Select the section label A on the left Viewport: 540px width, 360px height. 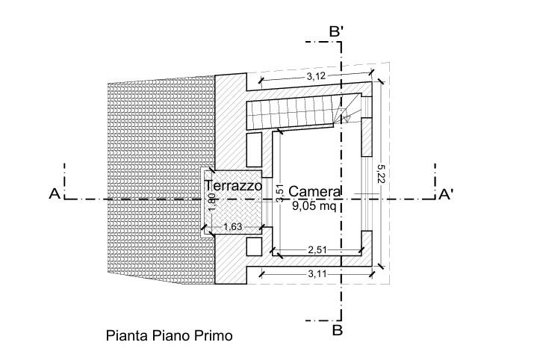pyautogui.click(x=54, y=194)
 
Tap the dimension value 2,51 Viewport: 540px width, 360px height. pyautogui.click(x=319, y=249)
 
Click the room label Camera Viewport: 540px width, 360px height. pyautogui.click(x=316, y=190)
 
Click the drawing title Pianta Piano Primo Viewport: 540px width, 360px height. pyautogui.click(x=168, y=336)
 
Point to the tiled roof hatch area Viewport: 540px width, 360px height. pyautogui.click(x=157, y=179)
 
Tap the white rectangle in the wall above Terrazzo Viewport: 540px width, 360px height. pyautogui.click(x=253, y=150)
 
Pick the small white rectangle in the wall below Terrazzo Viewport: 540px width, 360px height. pyautogui.click(x=253, y=246)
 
